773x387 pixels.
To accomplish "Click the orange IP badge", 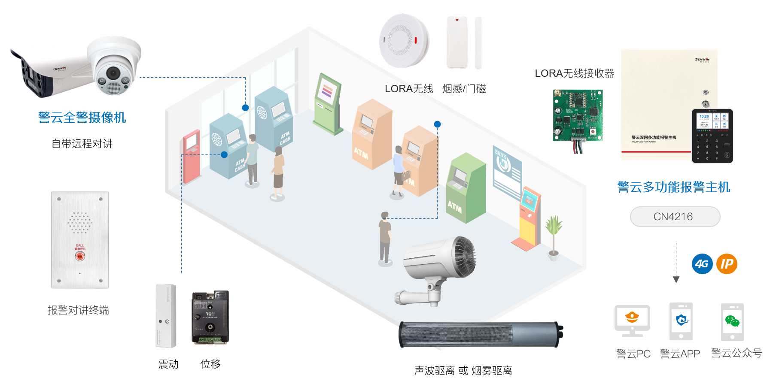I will point(727,264).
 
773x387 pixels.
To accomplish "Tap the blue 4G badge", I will point(702,264).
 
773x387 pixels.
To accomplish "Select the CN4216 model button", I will point(675,217).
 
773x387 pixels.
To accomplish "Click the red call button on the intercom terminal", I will point(80,256).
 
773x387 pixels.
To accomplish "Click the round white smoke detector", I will point(404,41).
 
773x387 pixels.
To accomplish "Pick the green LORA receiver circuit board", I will point(578,116).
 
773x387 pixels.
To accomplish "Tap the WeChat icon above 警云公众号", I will point(732,321).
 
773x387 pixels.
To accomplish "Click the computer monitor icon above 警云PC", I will point(632,320).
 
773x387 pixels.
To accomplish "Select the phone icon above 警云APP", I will point(681,321).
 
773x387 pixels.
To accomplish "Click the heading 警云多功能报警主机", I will point(673,187).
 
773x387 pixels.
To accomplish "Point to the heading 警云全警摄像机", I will point(82,118).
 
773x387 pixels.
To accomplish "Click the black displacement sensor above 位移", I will point(210,317).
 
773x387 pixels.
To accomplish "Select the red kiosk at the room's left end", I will point(192,157).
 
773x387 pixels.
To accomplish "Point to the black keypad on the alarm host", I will point(712,136).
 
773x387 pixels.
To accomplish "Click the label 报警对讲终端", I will point(79,310).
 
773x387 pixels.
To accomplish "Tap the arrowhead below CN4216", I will point(676,280).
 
